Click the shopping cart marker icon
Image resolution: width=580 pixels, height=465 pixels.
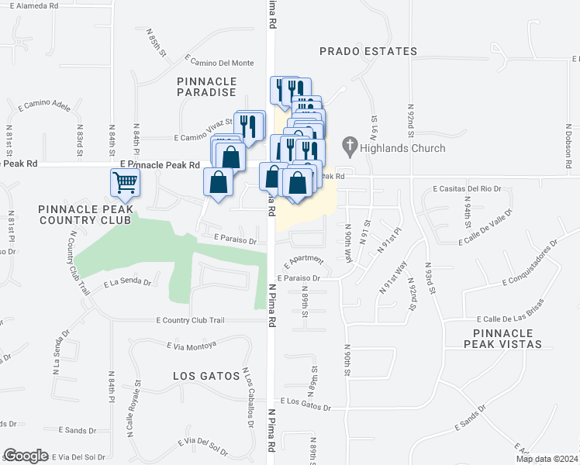pyautogui.click(x=125, y=184)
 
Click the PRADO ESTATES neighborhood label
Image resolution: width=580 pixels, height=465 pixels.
pyautogui.click(x=368, y=51)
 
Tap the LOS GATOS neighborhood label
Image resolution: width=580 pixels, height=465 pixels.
pyautogui.click(x=207, y=376)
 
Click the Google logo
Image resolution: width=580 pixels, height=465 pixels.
pyautogui.click(x=26, y=456)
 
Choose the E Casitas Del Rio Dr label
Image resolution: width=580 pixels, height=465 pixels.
pyautogui.click(x=468, y=188)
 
